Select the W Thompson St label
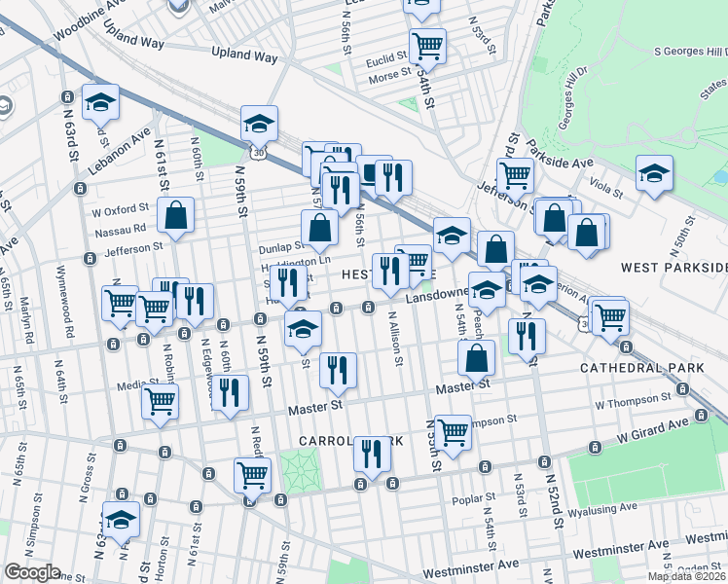coord(633,400)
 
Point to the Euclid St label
coord(386,60)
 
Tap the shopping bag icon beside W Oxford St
coord(175,216)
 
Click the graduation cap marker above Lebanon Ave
coord(99,101)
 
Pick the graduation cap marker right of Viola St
coord(654,172)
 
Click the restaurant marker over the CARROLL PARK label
coord(372,454)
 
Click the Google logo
coord(32,572)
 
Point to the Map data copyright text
coord(686,576)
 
